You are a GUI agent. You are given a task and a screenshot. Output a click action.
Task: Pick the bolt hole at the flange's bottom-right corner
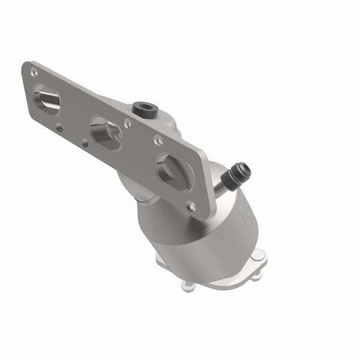point(191,205)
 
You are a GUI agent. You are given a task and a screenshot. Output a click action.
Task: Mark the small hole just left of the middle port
point(85,143)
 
